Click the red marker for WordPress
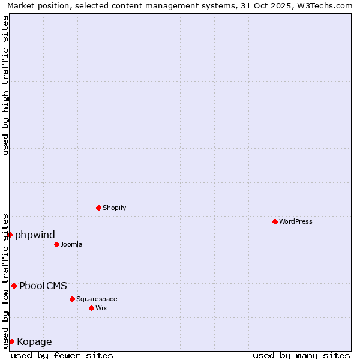pyautogui.click(x=275, y=221)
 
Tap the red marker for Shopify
pyautogui.click(x=98, y=208)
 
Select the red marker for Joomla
pyautogui.click(x=56, y=244)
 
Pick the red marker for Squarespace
pyautogui.click(x=72, y=299)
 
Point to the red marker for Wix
pyautogui.click(x=91, y=308)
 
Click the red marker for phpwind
pyautogui.click(x=10, y=235)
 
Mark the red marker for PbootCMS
pyautogui.click(x=14, y=286)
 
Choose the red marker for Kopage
pyautogui.click(x=11, y=341)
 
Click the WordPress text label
pyautogui.click(x=296, y=221)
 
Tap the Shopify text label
pyautogui.click(x=114, y=208)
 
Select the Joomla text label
pyautogui.click(x=71, y=244)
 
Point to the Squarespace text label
pyautogui.click(x=97, y=299)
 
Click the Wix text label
pyautogui.click(x=101, y=308)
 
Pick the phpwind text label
pyautogui.click(x=35, y=235)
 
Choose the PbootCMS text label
pyautogui.click(x=43, y=286)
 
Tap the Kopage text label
pyautogui.click(x=34, y=342)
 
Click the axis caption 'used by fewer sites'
pyautogui.click(x=62, y=355)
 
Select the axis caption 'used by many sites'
pyautogui.click(x=301, y=355)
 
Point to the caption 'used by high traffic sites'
pyautogui.click(x=5, y=85)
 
